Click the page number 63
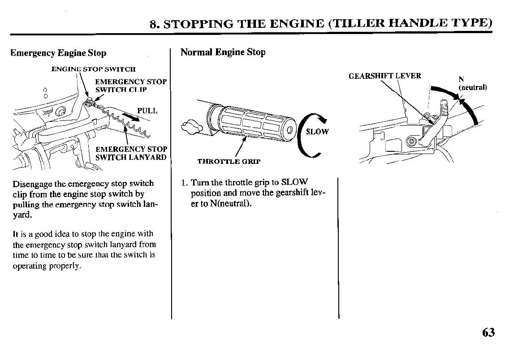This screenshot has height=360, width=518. pos(488,333)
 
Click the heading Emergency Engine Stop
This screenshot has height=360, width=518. pos(58,53)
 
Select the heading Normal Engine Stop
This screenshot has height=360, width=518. pos(223,52)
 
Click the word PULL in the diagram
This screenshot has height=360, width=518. pos(147,111)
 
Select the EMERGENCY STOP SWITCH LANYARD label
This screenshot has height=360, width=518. pos(131,153)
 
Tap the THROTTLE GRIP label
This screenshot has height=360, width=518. pos(229,162)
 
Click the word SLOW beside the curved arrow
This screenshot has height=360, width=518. pos(317,132)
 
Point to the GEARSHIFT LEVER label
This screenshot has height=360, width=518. pos(385,76)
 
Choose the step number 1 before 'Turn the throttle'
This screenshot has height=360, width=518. pos(184,183)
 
